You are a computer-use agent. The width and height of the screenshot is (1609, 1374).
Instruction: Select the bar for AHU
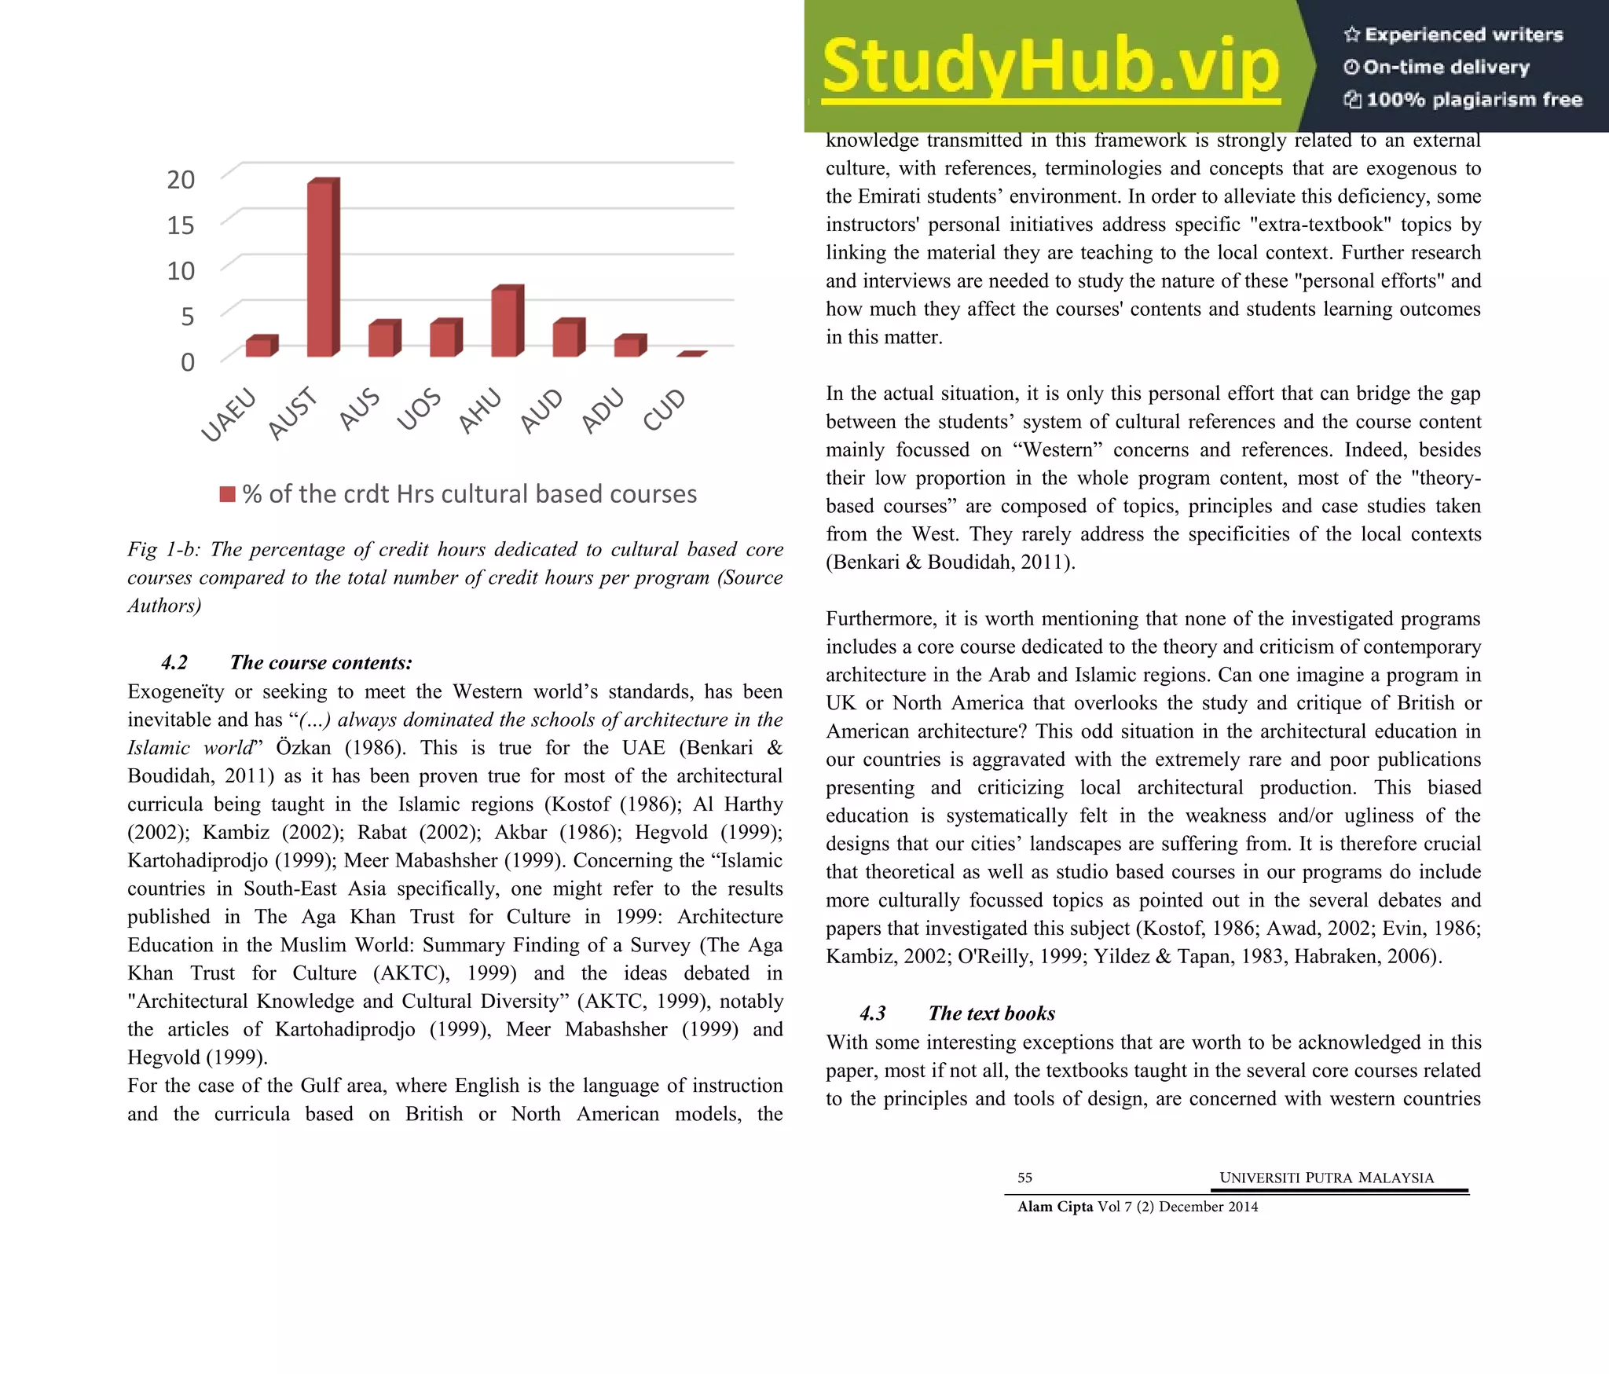(x=506, y=322)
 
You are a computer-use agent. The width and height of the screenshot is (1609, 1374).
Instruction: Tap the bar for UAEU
(x=260, y=346)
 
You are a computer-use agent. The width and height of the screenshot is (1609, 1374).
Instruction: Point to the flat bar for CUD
(x=691, y=354)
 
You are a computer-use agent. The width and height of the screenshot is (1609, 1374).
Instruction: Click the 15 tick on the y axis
(x=180, y=225)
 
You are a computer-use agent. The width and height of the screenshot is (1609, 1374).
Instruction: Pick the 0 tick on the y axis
(x=187, y=362)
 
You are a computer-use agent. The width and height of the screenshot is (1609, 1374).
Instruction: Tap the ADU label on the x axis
(x=603, y=410)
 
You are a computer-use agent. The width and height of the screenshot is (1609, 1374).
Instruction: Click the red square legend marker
(x=227, y=494)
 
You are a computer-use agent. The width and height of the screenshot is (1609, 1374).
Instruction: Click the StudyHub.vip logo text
(x=1050, y=67)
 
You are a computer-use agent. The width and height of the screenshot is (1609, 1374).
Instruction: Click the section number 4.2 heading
(x=174, y=662)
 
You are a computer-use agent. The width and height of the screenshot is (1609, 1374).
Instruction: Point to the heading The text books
(x=991, y=1013)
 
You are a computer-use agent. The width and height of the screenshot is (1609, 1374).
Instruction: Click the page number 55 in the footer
(x=1024, y=1178)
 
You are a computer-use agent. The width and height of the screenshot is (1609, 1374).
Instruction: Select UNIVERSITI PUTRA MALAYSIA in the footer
(x=1326, y=1178)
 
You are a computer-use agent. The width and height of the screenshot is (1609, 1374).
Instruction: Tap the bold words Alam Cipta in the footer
(x=1054, y=1207)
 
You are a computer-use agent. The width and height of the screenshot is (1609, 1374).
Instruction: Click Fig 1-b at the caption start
(x=163, y=549)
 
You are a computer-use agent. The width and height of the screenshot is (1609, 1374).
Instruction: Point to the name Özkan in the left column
(x=303, y=748)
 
